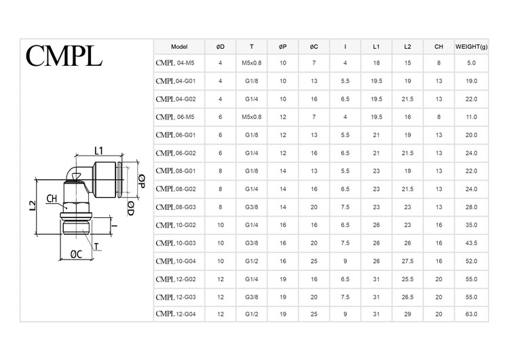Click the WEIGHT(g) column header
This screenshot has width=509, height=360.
pyautogui.click(x=471, y=46)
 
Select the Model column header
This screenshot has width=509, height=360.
pyautogui.click(x=179, y=46)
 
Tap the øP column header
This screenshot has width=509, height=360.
pyautogui.click(x=283, y=46)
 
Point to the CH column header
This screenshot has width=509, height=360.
pyautogui.click(x=439, y=46)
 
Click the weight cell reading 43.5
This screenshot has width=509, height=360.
pyautogui.click(x=471, y=242)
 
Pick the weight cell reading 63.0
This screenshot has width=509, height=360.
pyautogui.click(x=471, y=314)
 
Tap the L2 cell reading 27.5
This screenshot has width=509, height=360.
pyautogui.click(x=407, y=261)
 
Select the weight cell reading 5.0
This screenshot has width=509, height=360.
pyautogui.click(x=471, y=63)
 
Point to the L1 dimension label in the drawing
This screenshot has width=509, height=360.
pyautogui.click(x=98, y=150)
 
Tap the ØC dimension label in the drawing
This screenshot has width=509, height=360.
pyautogui.click(x=77, y=255)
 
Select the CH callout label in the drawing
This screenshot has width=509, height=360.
pyautogui.click(x=52, y=199)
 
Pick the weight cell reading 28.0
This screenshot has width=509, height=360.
pyautogui.click(x=471, y=206)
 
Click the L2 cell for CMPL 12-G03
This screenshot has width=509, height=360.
pyautogui.click(x=407, y=297)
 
